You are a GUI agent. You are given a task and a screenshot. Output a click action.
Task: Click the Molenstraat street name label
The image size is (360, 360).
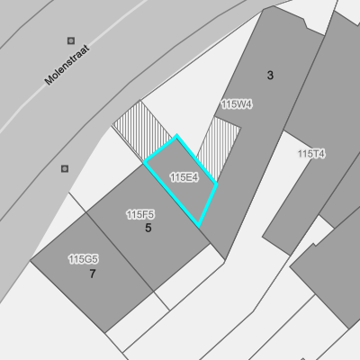point(67,65)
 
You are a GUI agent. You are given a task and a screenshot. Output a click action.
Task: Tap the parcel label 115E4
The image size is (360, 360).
point(184,177)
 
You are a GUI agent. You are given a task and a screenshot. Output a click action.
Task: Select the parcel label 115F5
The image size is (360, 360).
point(140,214)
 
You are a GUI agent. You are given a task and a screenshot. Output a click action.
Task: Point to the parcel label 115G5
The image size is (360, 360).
point(84,259)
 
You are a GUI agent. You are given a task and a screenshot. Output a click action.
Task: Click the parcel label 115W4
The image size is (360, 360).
point(237,104)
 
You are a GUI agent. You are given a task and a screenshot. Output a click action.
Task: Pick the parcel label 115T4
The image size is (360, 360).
point(311,154)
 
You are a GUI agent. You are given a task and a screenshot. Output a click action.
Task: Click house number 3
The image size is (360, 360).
point(270,76)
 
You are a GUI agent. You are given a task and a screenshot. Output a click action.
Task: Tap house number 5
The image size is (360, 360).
point(148,228)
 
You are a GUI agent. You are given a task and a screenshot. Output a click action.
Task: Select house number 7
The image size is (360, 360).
point(93,274)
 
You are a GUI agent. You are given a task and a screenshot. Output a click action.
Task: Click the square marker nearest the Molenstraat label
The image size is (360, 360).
point(71,40)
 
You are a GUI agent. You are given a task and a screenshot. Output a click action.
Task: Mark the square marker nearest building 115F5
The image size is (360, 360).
point(65,168)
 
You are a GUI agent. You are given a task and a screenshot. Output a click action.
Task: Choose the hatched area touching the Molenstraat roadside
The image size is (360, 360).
point(142,130)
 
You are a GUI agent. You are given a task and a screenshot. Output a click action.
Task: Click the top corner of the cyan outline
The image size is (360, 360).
point(176,136)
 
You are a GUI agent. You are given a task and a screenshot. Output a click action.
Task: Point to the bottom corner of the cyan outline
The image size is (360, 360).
point(198,226)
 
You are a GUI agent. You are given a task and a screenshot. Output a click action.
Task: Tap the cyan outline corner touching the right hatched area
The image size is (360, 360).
point(216,183)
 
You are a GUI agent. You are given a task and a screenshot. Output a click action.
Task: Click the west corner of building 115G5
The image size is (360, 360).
point(31,261)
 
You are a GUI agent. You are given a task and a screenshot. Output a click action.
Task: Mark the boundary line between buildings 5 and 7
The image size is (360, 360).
point(120,252)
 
